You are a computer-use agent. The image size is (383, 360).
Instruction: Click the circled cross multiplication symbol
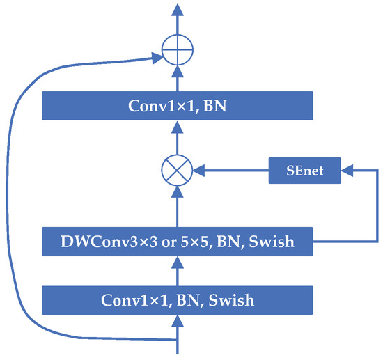click(178, 169)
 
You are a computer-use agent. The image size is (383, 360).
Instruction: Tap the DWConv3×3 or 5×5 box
click(178, 242)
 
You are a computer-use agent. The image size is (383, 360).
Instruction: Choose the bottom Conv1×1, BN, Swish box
click(178, 300)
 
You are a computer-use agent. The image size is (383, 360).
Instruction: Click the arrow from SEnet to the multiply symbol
click(230, 169)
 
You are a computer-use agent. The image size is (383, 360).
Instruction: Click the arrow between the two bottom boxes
click(178, 272)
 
